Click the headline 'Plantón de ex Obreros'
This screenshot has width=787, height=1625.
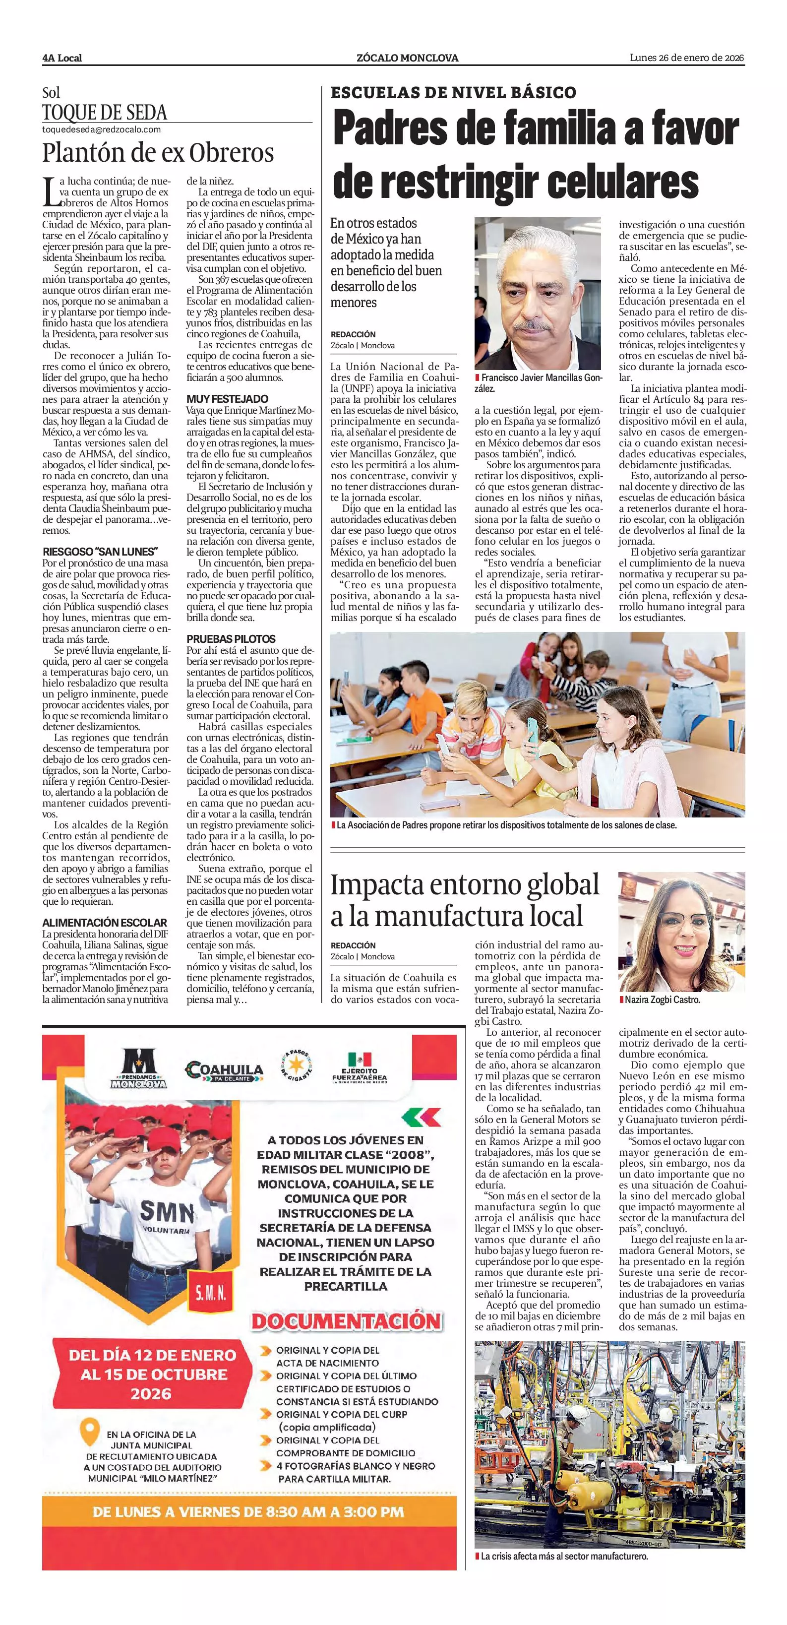click(158, 153)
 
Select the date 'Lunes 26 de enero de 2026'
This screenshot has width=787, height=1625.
click(687, 58)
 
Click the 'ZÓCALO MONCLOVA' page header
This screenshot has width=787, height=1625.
click(407, 58)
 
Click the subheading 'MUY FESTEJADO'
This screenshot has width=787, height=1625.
click(227, 399)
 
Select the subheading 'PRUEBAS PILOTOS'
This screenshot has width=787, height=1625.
click(231, 638)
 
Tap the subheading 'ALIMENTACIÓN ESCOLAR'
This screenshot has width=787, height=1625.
click(105, 922)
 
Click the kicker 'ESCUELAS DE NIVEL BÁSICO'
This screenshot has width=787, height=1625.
click(453, 93)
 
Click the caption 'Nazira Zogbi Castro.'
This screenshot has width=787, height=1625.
click(662, 1000)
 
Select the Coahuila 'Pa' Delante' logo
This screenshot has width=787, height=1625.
click(224, 1071)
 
